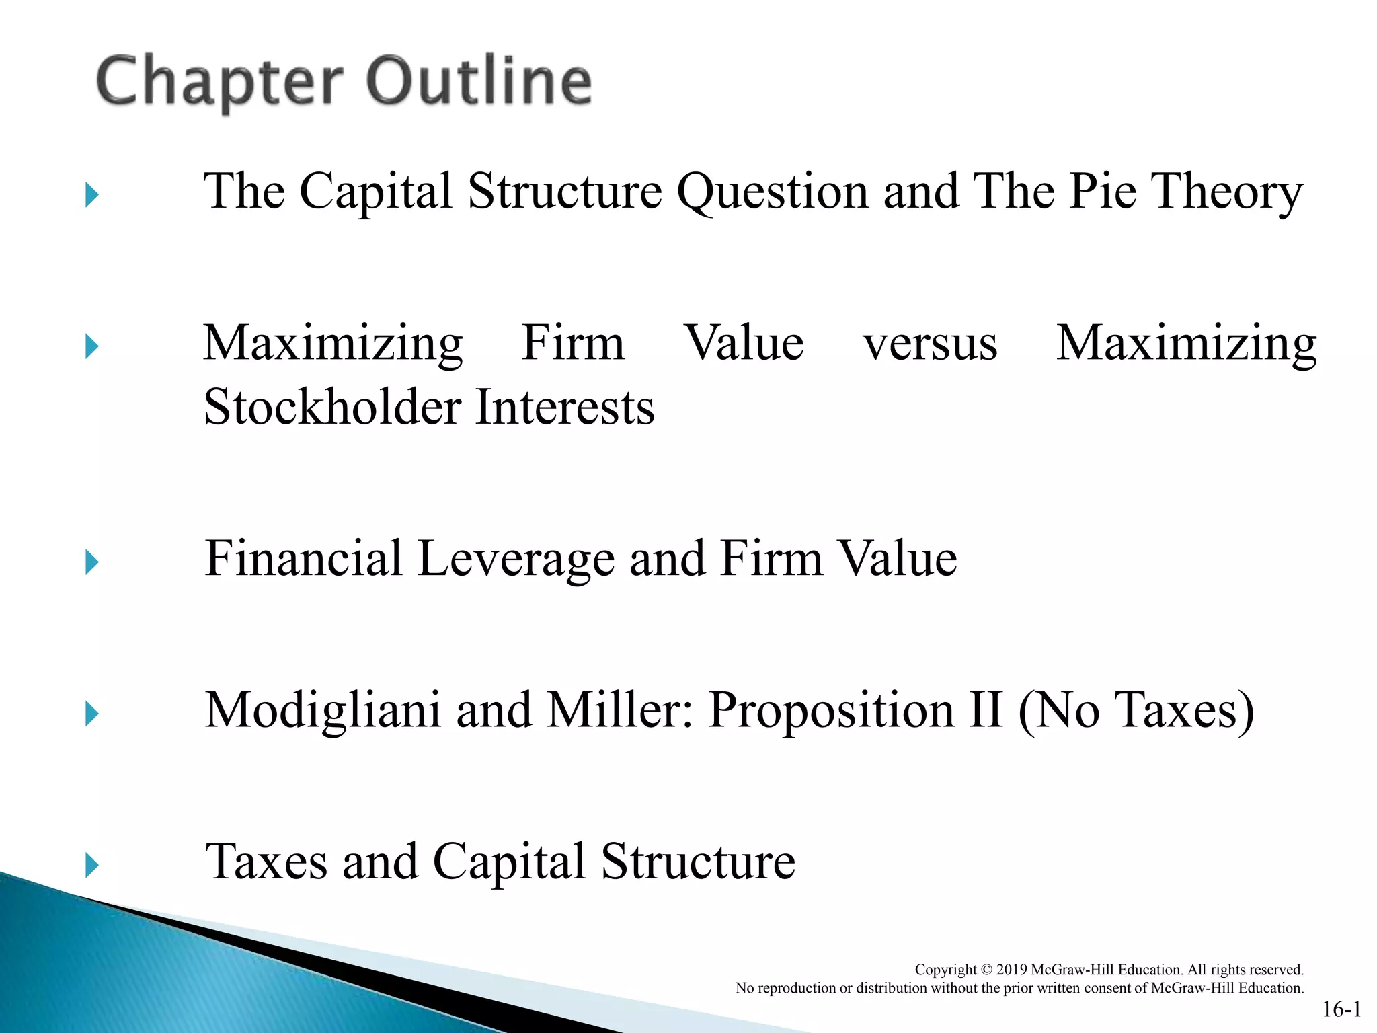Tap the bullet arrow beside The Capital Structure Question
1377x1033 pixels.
coord(92,196)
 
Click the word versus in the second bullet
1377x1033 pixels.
coord(930,344)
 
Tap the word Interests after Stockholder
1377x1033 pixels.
coord(564,408)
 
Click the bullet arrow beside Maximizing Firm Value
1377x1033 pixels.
coord(92,347)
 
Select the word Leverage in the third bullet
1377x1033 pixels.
coord(516,560)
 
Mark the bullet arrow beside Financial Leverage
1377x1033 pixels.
coord(92,562)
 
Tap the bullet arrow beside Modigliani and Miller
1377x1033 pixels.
coord(92,714)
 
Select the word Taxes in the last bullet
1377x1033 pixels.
coord(266,862)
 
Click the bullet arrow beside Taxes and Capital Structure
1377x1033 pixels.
coord(92,865)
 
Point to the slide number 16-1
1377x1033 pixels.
coord(1341,1009)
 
